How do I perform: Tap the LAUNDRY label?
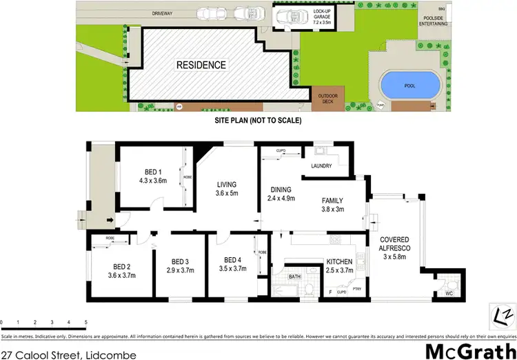(x=322, y=166)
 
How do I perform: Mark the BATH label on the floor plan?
(x=294, y=277)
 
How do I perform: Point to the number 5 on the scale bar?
(x=85, y=323)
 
